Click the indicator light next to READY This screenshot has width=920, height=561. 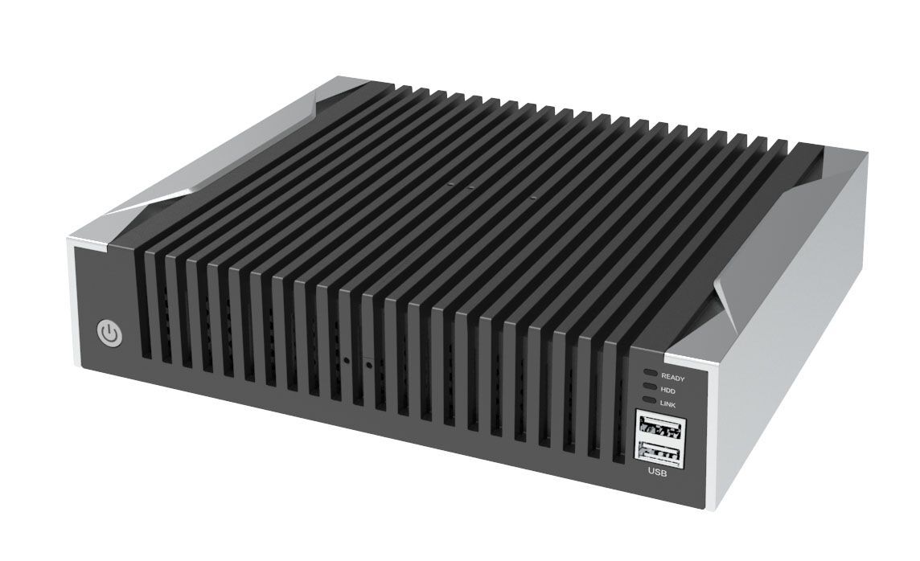coord(649,375)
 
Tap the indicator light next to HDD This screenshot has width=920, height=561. coord(649,387)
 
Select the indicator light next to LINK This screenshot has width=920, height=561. coord(649,400)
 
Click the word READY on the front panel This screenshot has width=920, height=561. coord(672,376)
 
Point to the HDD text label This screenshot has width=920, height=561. coord(667,389)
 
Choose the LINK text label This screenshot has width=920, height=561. coord(668,402)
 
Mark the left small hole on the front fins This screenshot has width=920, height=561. coord(347,362)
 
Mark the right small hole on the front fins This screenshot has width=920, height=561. coord(368,366)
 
